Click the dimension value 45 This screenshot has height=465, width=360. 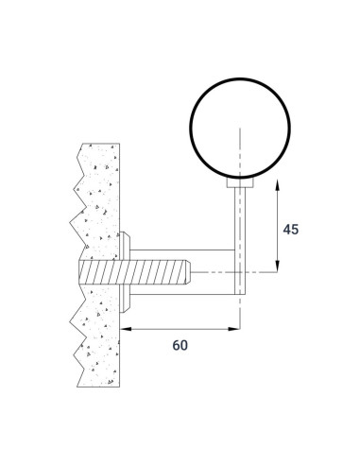pyautogui.click(x=290, y=229)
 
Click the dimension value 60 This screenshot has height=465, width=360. pyautogui.click(x=180, y=345)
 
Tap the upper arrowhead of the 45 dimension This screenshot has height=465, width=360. pyautogui.click(x=277, y=185)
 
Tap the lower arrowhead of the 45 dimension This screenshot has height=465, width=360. pyautogui.click(x=277, y=266)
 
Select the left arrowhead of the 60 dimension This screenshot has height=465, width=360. pyautogui.click(x=126, y=329)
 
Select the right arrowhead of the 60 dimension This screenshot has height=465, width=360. pyautogui.click(x=234, y=329)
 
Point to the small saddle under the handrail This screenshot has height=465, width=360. pyautogui.click(x=240, y=182)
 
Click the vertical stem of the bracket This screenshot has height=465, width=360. pyautogui.click(x=240, y=241)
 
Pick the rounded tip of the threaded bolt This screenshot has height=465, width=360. pyautogui.click(x=188, y=272)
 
